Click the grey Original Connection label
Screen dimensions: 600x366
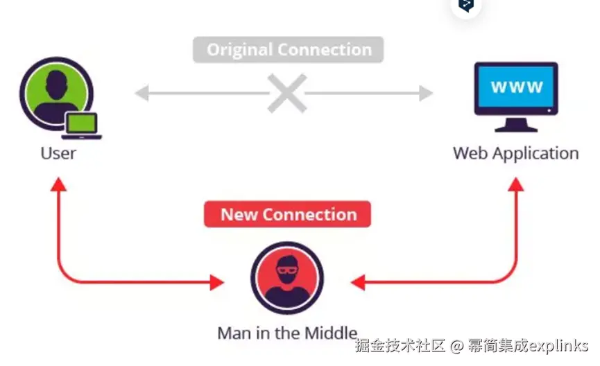tap(288, 50)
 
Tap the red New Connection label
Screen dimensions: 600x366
tap(287, 214)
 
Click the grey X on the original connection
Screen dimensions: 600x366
tap(287, 93)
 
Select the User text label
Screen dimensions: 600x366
tap(58, 152)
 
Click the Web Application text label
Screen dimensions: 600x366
tap(515, 152)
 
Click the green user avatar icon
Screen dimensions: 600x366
tap(55, 91)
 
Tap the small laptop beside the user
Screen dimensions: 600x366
tap(81, 125)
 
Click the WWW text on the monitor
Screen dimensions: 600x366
tap(516, 88)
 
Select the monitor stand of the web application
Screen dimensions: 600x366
tap(516, 125)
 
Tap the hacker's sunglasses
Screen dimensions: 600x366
tap(286, 269)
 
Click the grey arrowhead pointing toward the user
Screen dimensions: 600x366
tap(141, 93)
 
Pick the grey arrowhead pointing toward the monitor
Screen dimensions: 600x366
tap(426, 93)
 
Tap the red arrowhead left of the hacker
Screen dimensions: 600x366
tap(217, 282)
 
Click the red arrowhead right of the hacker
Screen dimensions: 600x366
tap(358, 282)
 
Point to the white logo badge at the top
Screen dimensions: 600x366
tap(466, 6)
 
